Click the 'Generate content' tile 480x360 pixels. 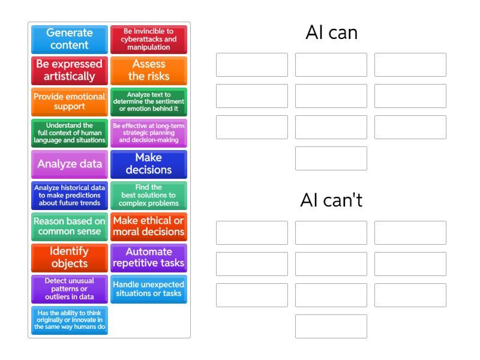[x=70, y=39]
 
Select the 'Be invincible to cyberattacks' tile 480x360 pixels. [x=149, y=39]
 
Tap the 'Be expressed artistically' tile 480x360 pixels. [x=70, y=70]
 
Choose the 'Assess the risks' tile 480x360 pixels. [x=149, y=70]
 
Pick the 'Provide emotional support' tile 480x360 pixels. [x=70, y=101]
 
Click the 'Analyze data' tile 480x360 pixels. [x=70, y=164]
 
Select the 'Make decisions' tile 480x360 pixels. [x=149, y=164]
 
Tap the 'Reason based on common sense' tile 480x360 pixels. [x=70, y=226]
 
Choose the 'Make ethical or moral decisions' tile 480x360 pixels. [x=149, y=226]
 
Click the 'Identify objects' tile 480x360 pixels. [x=70, y=257]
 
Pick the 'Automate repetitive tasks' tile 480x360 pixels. [x=149, y=257]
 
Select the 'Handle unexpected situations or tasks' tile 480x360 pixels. [x=149, y=289]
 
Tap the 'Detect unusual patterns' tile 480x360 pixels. [x=70, y=289]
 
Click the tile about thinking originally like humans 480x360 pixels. [x=70, y=320]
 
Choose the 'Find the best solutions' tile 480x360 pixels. [x=149, y=195]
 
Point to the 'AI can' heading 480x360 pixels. [x=331, y=32]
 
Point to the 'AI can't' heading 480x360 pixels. [x=331, y=200]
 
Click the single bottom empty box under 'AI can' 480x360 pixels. [x=331, y=158]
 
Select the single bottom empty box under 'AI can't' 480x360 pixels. [x=331, y=326]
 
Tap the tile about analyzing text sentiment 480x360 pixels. [x=149, y=101]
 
